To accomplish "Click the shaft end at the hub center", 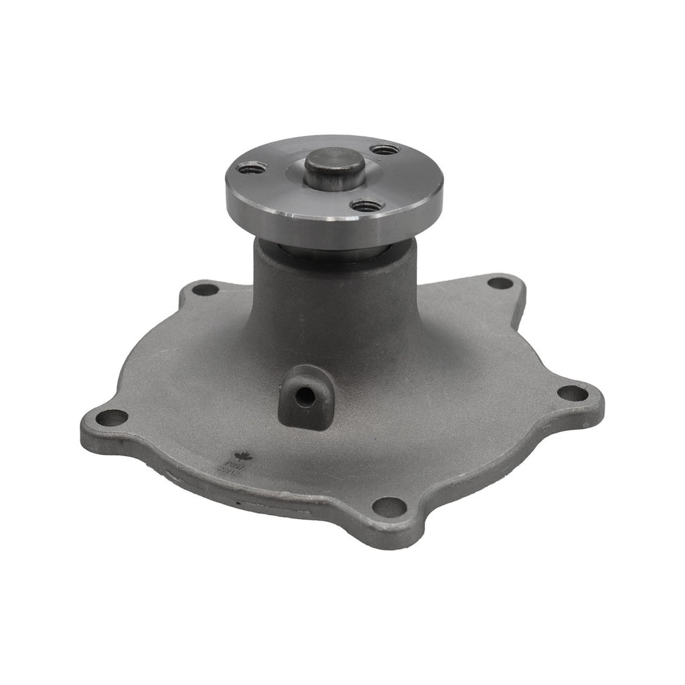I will coord(334,165).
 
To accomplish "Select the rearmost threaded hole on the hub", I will coord(385,149).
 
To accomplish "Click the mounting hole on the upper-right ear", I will coord(499,283).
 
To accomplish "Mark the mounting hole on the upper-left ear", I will coord(205,290).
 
